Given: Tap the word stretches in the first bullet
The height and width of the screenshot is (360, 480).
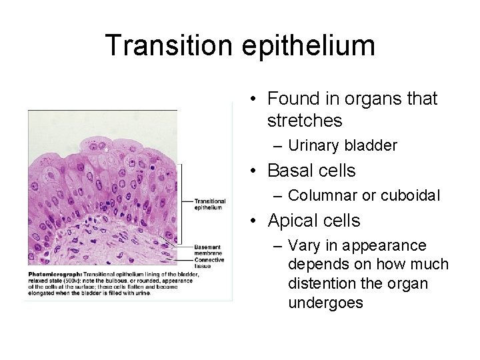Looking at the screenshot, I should coord(304,121).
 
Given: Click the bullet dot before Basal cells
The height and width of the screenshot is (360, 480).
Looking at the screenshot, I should coord(255,171).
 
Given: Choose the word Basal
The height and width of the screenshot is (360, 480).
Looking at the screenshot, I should coord(288,171).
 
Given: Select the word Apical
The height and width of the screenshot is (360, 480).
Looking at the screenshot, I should coord(291,221).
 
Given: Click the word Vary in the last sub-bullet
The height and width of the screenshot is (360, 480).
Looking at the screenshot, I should coord(302,245).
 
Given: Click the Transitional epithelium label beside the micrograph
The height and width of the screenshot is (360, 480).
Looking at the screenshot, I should coord(209,204).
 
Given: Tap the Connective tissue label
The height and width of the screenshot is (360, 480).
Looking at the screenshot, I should coord(209,263).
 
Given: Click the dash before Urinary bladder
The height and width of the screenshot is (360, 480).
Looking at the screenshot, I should coord(278,146).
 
